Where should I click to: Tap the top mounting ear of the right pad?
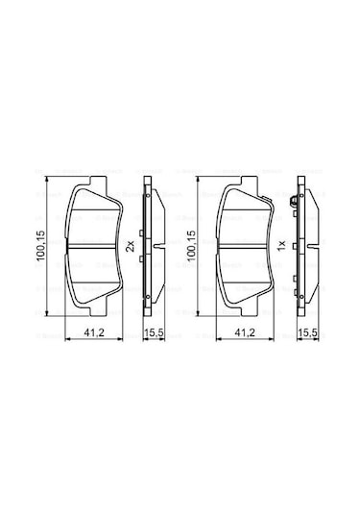(243, 184)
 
